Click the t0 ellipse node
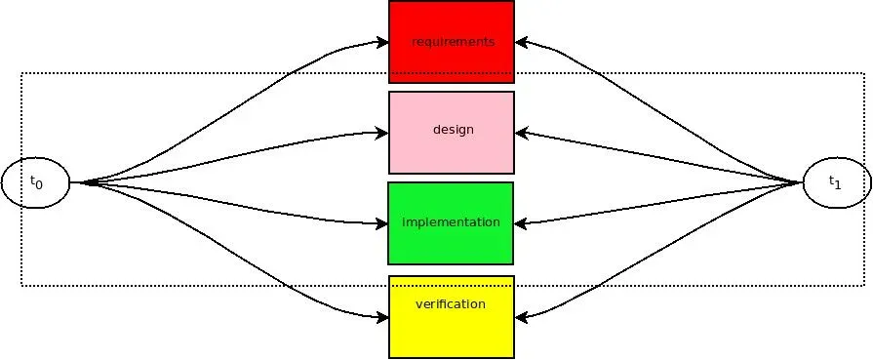[x=35, y=182]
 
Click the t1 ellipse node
[x=836, y=182]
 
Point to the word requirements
[x=453, y=42]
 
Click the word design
[x=453, y=129]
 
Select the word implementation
[x=451, y=222]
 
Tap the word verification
[x=451, y=304]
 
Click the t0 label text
[x=35, y=182]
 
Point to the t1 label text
[x=835, y=181]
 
